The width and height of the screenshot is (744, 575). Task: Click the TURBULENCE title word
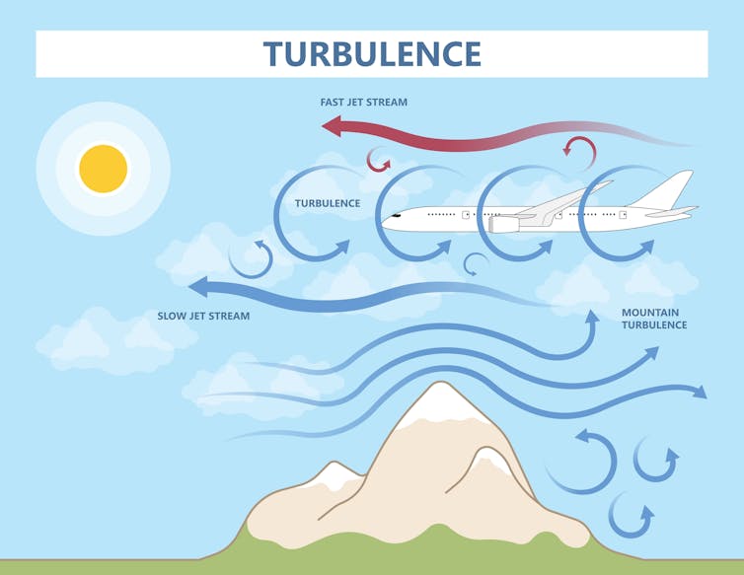372,53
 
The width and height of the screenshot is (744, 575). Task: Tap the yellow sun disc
104,169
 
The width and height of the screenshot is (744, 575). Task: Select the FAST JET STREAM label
363,102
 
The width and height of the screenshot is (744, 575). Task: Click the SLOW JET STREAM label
203,317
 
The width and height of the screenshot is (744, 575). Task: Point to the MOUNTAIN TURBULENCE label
653,319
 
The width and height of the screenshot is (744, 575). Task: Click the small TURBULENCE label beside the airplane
328,203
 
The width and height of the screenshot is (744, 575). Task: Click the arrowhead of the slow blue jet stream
198,287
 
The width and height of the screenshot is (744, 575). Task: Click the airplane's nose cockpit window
396,214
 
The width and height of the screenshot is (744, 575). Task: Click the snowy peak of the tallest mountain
430,404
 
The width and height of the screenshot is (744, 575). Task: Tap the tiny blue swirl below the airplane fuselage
476,263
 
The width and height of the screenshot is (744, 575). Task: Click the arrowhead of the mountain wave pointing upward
593,320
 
